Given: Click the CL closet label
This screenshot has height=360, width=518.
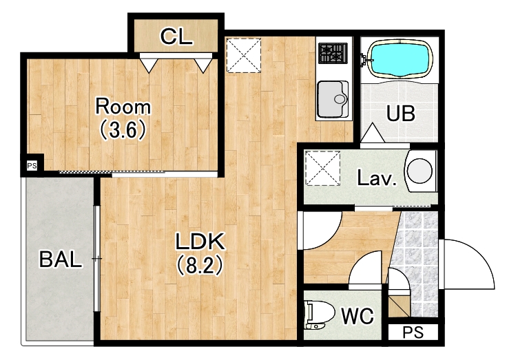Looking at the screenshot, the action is pyautogui.click(x=176, y=36).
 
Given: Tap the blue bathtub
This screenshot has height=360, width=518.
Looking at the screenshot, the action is pyautogui.click(x=400, y=59).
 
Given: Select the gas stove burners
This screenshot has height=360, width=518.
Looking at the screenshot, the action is pyautogui.click(x=333, y=53).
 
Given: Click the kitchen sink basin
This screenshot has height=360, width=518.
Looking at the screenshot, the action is pyautogui.click(x=332, y=99).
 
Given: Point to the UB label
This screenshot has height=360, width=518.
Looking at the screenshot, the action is pyautogui.click(x=400, y=114).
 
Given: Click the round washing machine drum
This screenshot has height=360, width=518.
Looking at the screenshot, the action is pyautogui.click(x=419, y=171).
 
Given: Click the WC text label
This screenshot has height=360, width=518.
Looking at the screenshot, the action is pyautogui.click(x=357, y=316).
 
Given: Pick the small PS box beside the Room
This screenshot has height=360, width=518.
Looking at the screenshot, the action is pyautogui.click(x=32, y=166).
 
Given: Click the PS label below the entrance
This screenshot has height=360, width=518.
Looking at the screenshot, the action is pyautogui.click(x=413, y=332).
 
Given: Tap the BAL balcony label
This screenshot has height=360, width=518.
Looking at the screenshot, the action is pyautogui.click(x=61, y=259).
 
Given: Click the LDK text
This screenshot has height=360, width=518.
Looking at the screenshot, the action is pyautogui.click(x=200, y=241).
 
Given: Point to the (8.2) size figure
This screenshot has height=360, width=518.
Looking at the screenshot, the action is pyautogui.click(x=200, y=265).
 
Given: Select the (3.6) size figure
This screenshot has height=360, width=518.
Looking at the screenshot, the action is pyautogui.click(x=123, y=129).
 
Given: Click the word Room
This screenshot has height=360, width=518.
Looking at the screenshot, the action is pyautogui.click(x=123, y=106).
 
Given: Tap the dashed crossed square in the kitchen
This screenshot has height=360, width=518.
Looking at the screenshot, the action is pyautogui.click(x=243, y=55).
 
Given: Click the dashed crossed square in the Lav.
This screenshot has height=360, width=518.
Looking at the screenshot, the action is pyautogui.click(x=322, y=168).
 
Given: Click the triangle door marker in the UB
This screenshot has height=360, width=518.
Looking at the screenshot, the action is pyautogui.click(x=373, y=133).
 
